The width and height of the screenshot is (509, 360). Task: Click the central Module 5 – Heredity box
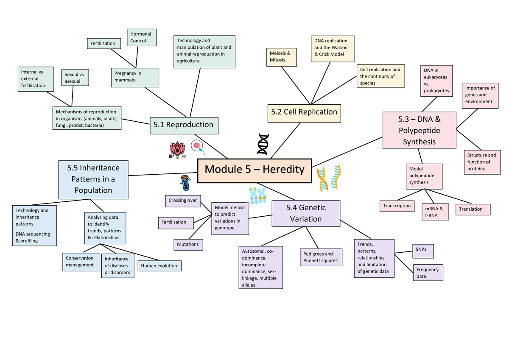pos(255,169)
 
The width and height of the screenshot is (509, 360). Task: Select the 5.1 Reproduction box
pos(184,125)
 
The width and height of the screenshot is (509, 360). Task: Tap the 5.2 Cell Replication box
pos(304,112)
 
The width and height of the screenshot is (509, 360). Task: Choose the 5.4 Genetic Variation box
pos(306,213)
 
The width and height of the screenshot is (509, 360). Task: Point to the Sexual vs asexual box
pos(75,78)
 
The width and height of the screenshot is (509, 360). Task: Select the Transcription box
pos(397,206)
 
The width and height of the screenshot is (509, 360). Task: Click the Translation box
pos(473,209)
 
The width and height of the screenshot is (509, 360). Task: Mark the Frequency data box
pos(428,273)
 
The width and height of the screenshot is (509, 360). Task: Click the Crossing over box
pos(182,201)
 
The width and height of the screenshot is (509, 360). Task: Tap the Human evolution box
pos(159,266)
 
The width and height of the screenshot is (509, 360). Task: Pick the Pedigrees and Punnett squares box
pos(321,257)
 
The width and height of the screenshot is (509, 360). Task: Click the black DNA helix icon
pos(263,144)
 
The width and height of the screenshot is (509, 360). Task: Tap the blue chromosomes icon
pos(257,196)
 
